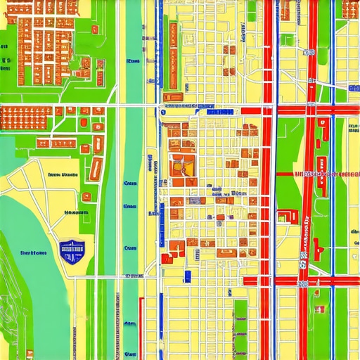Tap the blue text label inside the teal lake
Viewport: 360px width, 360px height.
click(33, 252)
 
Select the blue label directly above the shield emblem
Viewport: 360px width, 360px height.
click(71, 212)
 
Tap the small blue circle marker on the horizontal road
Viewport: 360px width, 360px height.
click(162, 112)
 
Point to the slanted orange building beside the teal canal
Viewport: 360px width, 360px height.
click(96, 169)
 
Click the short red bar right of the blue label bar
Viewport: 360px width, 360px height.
click(253, 111)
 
